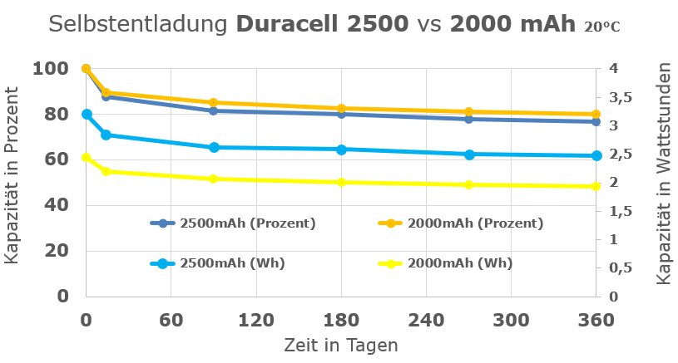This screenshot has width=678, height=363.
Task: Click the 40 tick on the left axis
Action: tap(55, 204)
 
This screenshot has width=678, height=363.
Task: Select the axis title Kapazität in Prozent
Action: tap(12, 183)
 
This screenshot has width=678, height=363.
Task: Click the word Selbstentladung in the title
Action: tap(137, 24)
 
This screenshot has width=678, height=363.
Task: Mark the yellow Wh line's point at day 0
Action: tap(87, 157)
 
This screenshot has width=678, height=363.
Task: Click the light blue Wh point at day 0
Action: tap(87, 114)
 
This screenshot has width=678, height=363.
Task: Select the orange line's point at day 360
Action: tap(596, 115)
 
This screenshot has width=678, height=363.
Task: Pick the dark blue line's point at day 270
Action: tap(469, 119)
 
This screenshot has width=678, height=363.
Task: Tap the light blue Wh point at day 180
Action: tap(341, 150)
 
